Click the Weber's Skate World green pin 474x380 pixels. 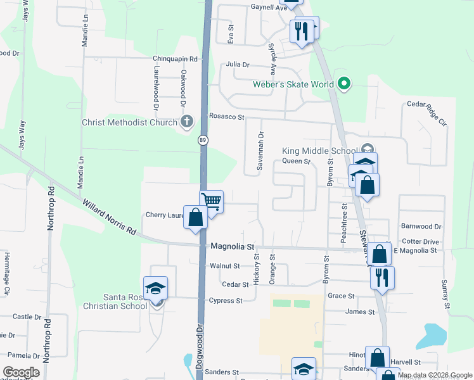344,84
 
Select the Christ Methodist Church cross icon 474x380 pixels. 186,121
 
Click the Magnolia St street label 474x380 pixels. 233,246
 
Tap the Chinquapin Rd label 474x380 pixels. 176,58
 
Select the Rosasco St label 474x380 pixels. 226,117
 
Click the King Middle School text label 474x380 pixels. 319,151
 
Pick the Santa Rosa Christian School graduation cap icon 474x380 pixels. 155,288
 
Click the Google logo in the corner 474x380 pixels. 21,372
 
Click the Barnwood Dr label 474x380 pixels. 421,226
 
